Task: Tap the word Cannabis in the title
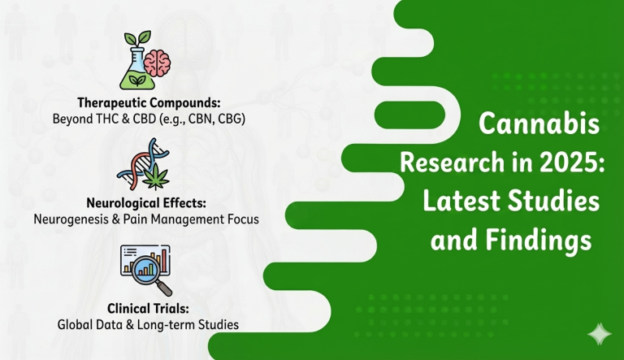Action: pos(539,127)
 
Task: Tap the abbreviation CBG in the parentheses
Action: pos(234,119)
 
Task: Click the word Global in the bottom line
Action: pos(76,324)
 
